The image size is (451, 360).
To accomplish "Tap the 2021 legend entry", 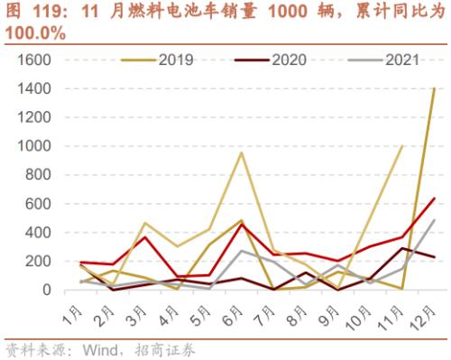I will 389,60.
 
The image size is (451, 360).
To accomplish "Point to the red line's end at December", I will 434,198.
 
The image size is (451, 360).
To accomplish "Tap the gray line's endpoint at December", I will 434,220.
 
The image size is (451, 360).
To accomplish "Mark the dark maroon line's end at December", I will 434,258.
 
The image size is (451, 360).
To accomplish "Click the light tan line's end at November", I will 402,146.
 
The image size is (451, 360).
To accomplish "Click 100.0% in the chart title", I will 35,32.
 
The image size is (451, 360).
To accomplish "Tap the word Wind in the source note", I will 102,349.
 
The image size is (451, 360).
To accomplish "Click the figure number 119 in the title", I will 42,13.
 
